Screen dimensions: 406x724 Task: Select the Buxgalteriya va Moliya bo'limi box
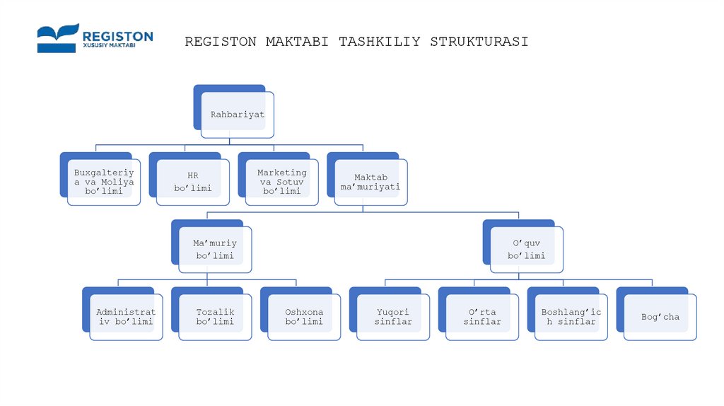[104, 182]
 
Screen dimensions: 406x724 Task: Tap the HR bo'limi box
[193, 182]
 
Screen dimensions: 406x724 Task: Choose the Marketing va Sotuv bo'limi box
[281, 182]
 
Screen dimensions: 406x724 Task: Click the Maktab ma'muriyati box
[370, 182]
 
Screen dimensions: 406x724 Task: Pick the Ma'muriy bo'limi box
[215, 249]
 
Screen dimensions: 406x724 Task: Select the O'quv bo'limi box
[526, 249]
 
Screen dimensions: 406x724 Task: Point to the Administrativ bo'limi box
[126, 317]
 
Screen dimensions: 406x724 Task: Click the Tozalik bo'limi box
[215, 317]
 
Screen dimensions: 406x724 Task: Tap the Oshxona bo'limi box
[304, 317]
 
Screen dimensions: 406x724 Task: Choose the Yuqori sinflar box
[393, 317]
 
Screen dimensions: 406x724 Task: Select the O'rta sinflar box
[482, 317]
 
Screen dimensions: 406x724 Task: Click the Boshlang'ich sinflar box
[571, 317]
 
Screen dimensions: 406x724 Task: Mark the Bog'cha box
[660, 317]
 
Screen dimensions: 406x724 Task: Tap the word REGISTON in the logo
[117, 35]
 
